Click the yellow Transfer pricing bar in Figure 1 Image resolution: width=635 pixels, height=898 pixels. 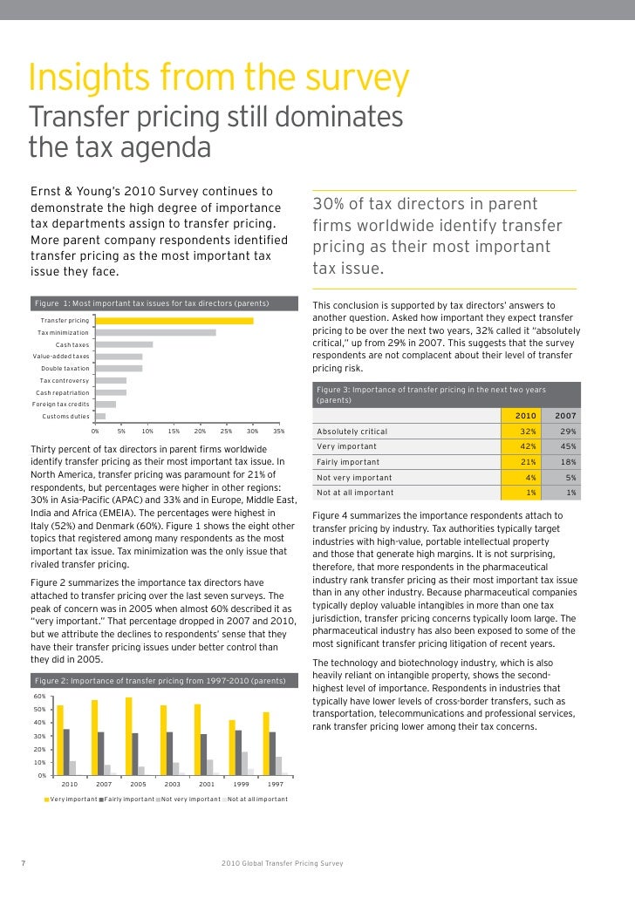point(174,321)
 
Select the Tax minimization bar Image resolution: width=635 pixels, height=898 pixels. point(154,332)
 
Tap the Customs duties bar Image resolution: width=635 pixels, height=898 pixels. point(99,416)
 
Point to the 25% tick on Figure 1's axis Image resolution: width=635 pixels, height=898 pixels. point(227,431)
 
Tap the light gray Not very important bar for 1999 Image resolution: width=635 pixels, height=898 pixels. point(244,764)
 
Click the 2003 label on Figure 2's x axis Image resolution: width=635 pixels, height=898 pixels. point(172,785)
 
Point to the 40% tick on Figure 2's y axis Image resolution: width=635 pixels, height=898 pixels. point(40,723)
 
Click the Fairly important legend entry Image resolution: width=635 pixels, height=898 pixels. point(129,799)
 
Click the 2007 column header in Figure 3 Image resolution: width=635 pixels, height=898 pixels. point(564,416)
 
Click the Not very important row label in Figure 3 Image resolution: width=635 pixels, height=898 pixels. point(354,478)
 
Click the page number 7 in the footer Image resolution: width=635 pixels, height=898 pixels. point(21,863)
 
